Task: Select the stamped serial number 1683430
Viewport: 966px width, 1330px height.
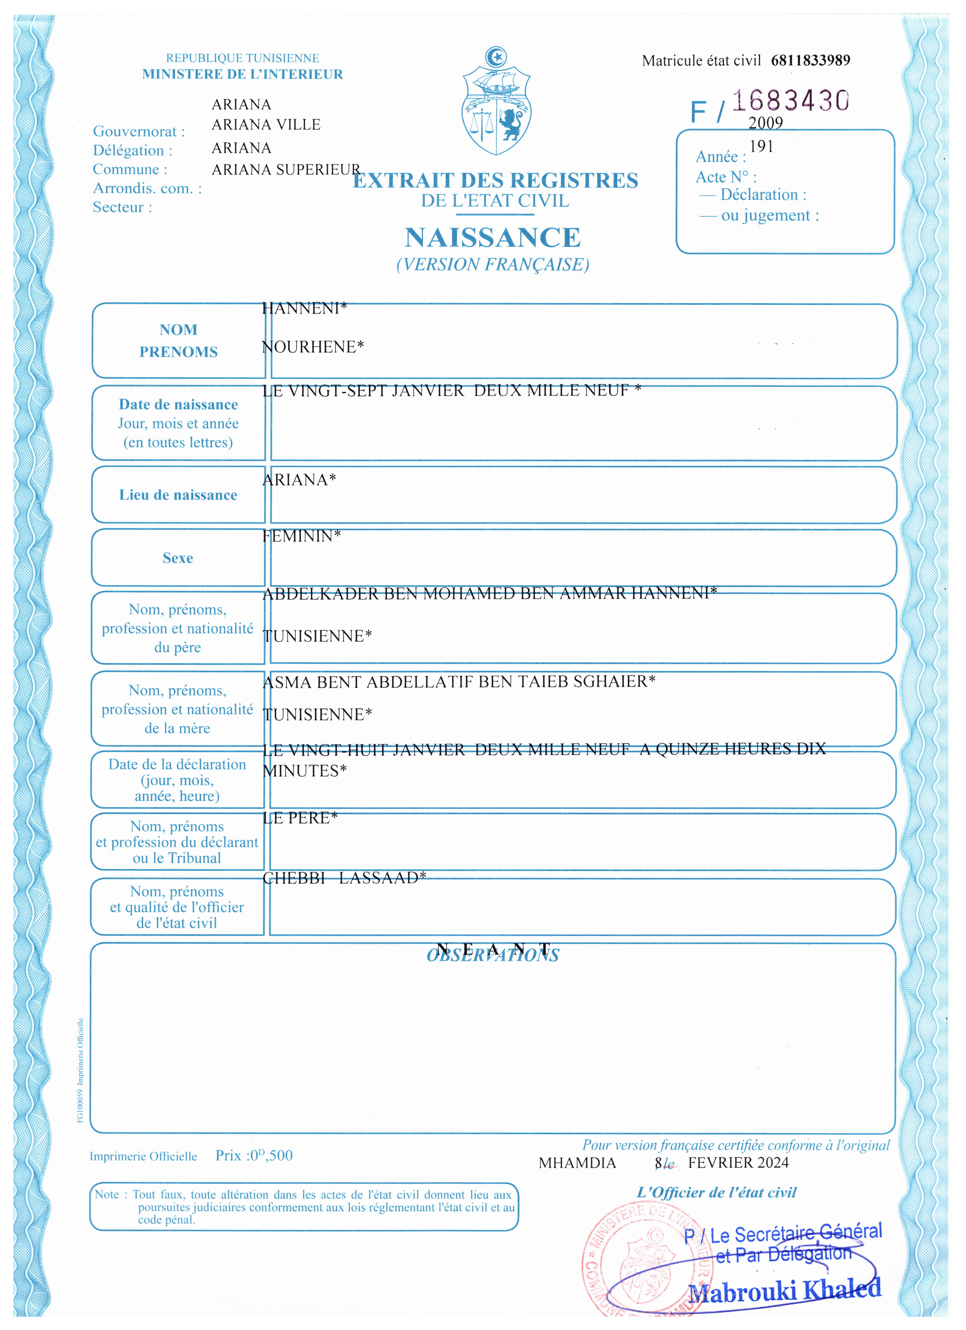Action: [x=790, y=101]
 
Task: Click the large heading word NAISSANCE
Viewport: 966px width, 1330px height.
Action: [x=492, y=238]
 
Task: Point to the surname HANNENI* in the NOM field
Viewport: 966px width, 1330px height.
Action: [x=304, y=308]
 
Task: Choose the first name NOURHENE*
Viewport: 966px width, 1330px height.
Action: [x=312, y=347]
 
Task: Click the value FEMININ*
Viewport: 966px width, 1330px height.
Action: [x=301, y=536]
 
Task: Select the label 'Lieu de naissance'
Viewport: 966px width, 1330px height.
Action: [x=178, y=495]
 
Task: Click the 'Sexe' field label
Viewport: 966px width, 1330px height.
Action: [x=178, y=558]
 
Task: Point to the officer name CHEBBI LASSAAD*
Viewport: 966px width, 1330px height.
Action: [x=344, y=878]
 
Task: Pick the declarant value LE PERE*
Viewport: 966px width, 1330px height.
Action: [x=300, y=818]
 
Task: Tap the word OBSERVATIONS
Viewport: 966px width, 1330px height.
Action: [x=492, y=955]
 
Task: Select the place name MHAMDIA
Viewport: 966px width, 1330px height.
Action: [x=577, y=1163]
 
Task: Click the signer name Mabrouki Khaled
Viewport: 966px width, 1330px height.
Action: [x=784, y=1290]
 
